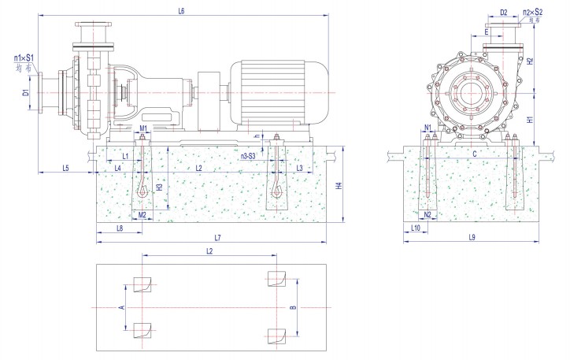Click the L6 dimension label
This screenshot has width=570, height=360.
(182, 11)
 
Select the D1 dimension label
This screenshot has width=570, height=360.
(25, 92)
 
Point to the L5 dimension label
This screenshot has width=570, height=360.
(65, 168)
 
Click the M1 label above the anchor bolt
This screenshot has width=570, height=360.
(143, 128)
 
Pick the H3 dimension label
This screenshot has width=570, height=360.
(160, 187)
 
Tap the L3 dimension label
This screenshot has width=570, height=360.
(299, 168)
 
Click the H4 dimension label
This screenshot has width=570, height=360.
(339, 186)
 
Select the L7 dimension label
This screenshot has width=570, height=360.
(217, 238)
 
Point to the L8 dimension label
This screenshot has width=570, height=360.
(119, 228)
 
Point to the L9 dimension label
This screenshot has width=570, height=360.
(472, 238)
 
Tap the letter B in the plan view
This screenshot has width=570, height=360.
(294, 309)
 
